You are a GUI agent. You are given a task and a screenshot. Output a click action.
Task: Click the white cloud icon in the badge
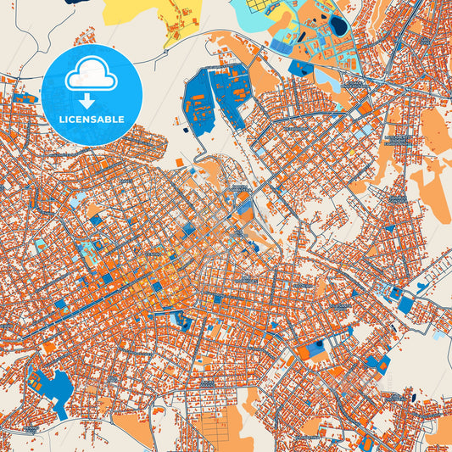(x=91, y=75)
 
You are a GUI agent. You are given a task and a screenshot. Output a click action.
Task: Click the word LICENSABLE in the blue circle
(x=91, y=120)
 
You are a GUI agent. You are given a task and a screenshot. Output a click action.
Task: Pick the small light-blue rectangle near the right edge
(x=438, y=336)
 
